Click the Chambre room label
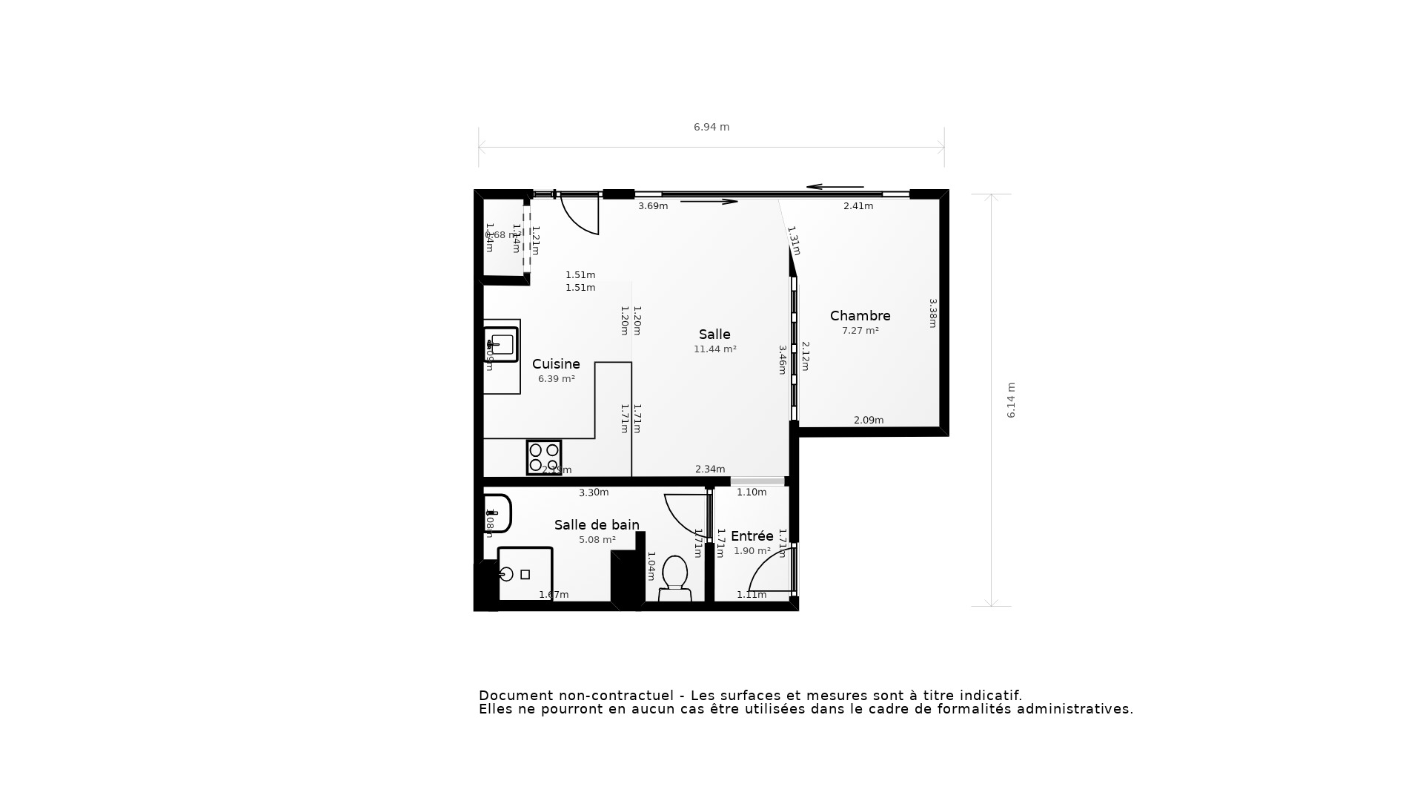point(860,316)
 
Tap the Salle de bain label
point(597,525)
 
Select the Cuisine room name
point(556,364)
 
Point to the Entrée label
point(752,536)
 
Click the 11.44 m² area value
point(714,349)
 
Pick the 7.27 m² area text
point(860,331)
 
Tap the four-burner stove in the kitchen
point(544,458)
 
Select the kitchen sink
point(502,344)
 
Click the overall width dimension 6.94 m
point(711,127)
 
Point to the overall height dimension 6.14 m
point(1011,400)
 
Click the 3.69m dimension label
point(653,206)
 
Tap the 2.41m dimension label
point(858,206)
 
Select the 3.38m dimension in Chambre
point(933,313)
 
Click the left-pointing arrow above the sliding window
point(835,187)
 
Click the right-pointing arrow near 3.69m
point(709,201)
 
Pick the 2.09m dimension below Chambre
point(868,421)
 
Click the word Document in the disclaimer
point(516,696)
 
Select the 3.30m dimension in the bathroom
point(594,492)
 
